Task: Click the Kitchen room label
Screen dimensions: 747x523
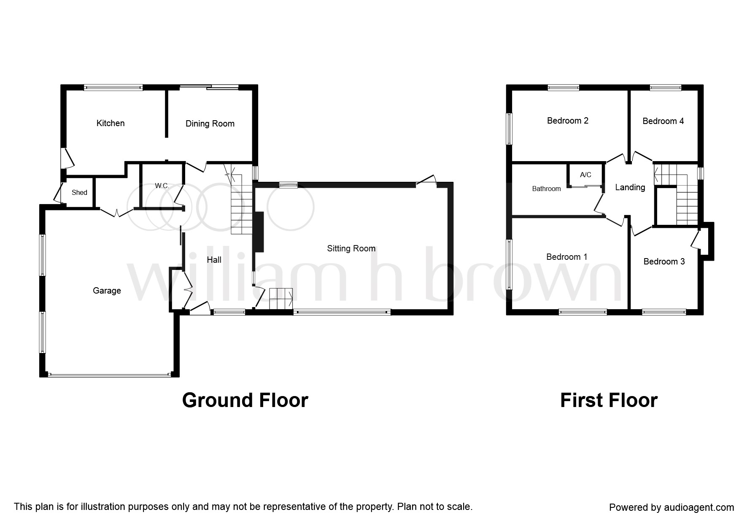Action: click(x=111, y=123)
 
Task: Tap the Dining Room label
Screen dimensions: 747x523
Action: click(x=210, y=124)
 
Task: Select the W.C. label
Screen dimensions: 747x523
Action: click(x=162, y=186)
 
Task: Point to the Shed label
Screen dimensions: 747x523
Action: click(x=79, y=192)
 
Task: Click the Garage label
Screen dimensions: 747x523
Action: click(x=107, y=291)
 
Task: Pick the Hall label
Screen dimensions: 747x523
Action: click(x=214, y=260)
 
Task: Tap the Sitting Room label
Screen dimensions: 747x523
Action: click(x=351, y=248)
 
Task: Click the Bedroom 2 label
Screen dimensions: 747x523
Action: click(x=568, y=121)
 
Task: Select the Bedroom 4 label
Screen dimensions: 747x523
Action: click(x=663, y=121)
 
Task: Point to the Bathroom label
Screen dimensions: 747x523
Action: click(x=546, y=189)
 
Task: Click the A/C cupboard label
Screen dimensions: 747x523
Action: click(x=585, y=175)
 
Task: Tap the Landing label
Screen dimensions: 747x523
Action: click(x=630, y=187)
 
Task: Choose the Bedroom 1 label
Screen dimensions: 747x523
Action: click(x=566, y=257)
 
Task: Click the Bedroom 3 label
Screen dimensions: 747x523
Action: click(x=664, y=261)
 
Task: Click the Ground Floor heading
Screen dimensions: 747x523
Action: click(x=245, y=400)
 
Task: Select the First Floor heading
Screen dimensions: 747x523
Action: click(x=609, y=400)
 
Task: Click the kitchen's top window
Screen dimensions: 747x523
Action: click(x=113, y=88)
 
